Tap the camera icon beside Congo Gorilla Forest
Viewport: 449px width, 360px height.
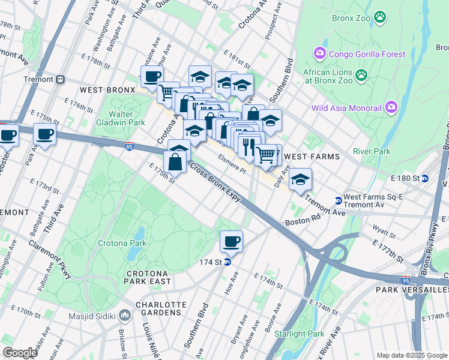[x=319, y=54]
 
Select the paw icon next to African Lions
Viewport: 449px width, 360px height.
[x=361, y=75]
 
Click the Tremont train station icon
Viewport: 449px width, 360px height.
[x=60, y=79]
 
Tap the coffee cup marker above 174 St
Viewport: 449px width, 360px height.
[x=231, y=242]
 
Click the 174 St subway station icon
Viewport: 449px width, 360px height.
[x=228, y=262]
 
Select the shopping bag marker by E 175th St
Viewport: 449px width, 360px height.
[x=175, y=162]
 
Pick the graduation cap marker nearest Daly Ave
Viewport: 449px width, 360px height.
[x=300, y=179]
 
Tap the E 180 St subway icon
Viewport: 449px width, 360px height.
[x=425, y=178]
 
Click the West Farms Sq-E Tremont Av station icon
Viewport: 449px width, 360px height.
[x=338, y=200]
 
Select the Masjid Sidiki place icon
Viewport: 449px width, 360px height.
[x=125, y=315]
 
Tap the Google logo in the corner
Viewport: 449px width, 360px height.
[x=20, y=353]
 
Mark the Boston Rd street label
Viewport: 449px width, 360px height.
[x=299, y=221]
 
